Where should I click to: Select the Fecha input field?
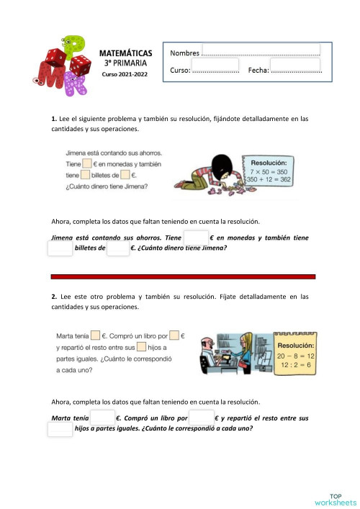click(x=296, y=70)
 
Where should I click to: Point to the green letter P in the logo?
click(x=73, y=47)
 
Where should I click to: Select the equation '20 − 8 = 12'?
click(x=296, y=356)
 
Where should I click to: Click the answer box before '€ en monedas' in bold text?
click(x=196, y=238)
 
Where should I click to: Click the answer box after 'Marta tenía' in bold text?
click(x=102, y=418)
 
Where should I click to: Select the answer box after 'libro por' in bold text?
click(x=202, y=418)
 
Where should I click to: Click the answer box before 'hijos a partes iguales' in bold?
click(x=60, y=429)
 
